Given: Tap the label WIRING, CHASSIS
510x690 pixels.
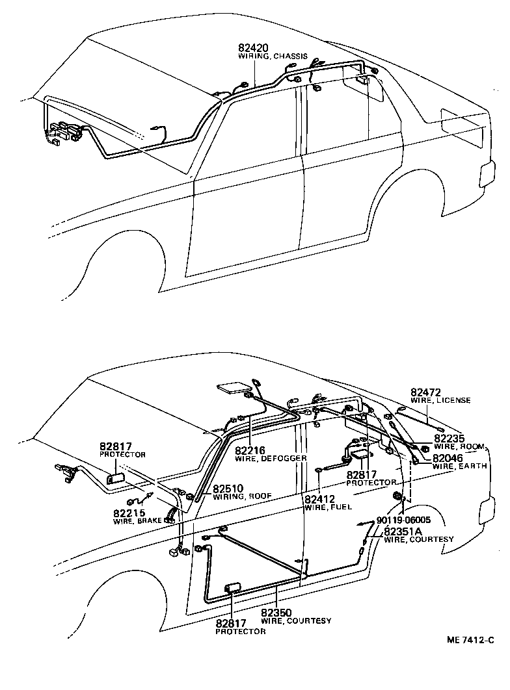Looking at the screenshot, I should (274, 57).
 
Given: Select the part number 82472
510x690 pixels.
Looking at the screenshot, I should (426, 392).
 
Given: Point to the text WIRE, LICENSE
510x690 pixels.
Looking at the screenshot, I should (440, 401).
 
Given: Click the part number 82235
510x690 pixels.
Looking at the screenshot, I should (450, 439).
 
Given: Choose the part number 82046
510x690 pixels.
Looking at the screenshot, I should (450, 457).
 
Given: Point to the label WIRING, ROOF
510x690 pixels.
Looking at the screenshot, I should (242, 496).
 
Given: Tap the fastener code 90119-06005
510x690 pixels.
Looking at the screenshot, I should (403, 520).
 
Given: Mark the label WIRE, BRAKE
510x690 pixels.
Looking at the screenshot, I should (138, 521).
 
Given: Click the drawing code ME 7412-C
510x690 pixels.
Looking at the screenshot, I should (471, 641).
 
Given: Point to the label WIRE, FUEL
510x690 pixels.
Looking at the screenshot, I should (329, 507).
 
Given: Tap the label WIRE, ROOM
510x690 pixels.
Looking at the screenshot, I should (460, 447).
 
